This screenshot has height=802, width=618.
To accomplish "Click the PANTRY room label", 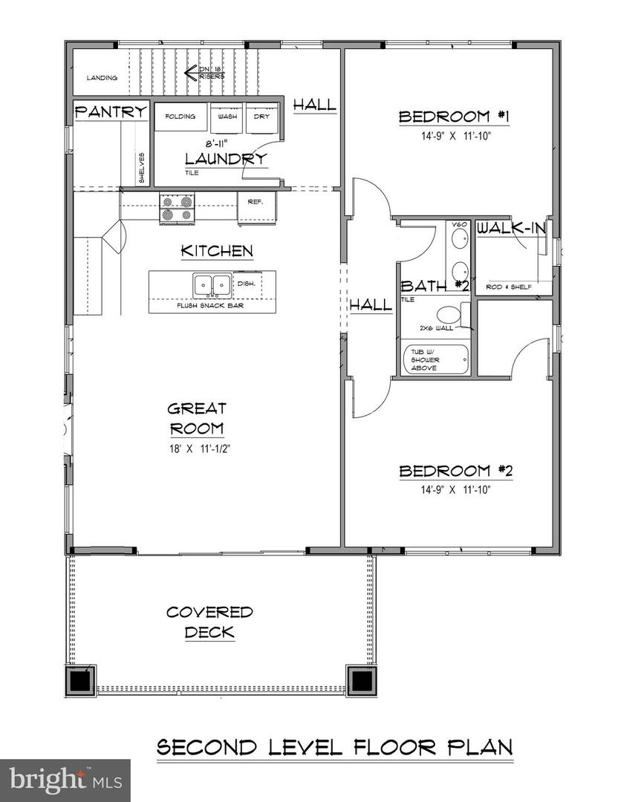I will tap(111, 111).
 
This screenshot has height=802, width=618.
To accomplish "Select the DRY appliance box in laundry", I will tap(261, 117).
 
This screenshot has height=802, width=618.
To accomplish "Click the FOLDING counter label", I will tap(180, 117).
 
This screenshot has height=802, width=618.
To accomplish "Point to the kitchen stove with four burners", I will tap(177, 208).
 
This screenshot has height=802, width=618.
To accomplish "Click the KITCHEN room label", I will tap(217, 251).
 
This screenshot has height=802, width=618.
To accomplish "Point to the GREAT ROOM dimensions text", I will tap(196, 448).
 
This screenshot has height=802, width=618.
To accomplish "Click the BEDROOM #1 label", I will tap(444, 117).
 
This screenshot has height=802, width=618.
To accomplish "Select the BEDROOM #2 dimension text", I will tap(445, 489).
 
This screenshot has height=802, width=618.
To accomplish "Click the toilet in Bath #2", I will tap(452, 316).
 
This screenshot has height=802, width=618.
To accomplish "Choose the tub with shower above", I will tap(436, 359).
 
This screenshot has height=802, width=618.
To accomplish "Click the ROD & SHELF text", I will tap(509, 287).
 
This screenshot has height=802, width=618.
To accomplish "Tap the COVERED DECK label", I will tap(209, 622).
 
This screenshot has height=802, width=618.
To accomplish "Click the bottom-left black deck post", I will tap(79, 679).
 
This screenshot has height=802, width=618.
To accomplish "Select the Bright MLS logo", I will tap(65, 780).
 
